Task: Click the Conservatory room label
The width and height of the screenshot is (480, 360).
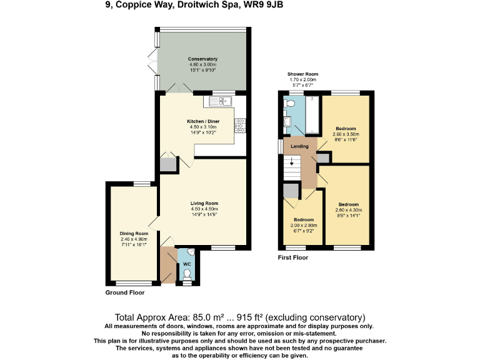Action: (202, 59)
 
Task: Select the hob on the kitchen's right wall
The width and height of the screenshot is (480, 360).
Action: (239, 125)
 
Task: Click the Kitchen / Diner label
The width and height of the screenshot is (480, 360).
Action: (203, 121)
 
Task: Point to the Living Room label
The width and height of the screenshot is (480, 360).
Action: (204, 203)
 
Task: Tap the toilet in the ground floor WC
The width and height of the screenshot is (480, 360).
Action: (186, 273)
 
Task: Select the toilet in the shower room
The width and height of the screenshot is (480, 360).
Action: (290, 102)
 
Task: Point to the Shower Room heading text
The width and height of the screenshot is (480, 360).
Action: (302, 74)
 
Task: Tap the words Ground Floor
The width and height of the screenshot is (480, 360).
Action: (125, 292)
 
